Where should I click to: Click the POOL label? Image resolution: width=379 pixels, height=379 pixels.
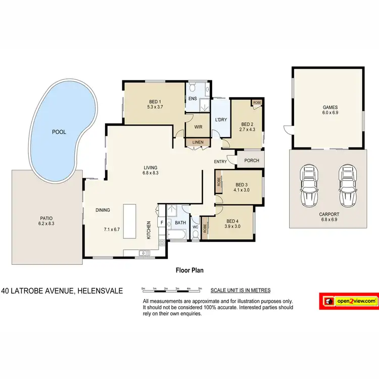59,132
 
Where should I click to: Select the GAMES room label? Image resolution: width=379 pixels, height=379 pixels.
330,107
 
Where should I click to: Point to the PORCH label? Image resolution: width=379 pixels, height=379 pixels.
251,161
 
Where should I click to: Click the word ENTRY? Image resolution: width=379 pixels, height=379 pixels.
220,162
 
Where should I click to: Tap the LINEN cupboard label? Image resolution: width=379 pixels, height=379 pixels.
198,143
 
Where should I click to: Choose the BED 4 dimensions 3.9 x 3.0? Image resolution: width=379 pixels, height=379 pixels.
232,227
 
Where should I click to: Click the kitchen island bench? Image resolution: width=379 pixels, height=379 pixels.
130,221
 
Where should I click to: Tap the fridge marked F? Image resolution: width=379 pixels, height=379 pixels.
162,222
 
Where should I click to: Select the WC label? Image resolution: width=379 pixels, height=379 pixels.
196,227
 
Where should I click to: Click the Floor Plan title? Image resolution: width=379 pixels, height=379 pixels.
189,270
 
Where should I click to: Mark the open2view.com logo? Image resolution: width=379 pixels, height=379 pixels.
349,301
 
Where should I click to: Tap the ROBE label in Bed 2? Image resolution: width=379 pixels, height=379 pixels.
257,103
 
